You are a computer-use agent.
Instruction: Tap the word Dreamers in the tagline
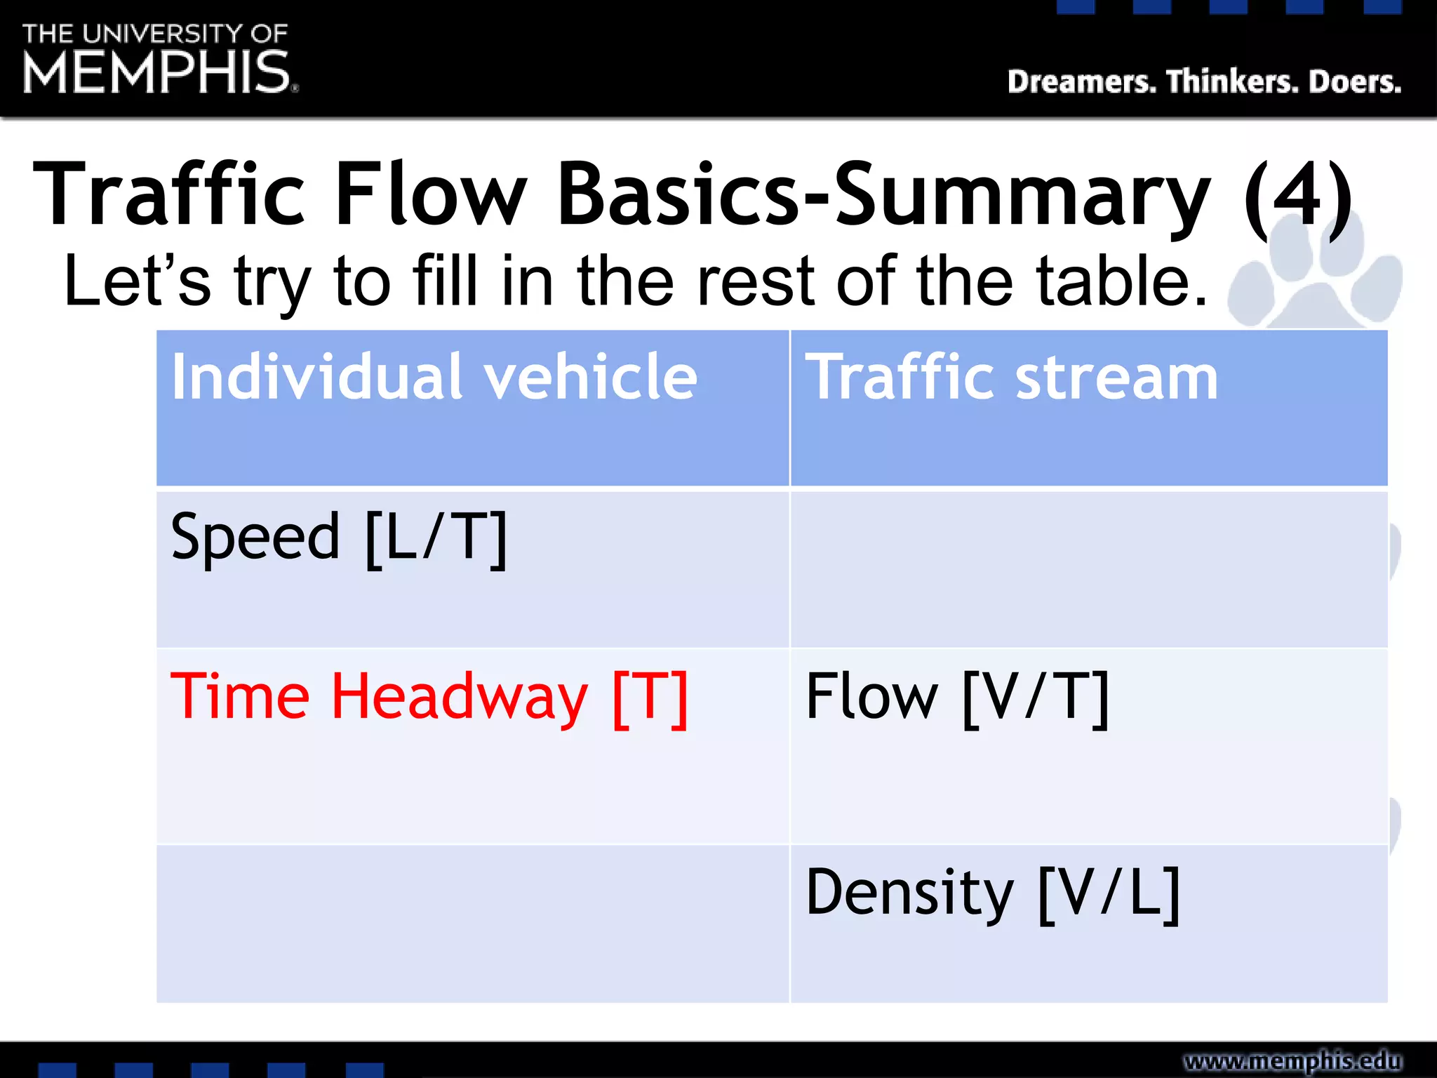click(1081, 82)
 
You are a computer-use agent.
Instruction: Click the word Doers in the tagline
click(1355, 82)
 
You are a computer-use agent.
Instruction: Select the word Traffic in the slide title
click(168, 194)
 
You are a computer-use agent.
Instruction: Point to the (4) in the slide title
click(1298, 194)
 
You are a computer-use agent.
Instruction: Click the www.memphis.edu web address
click(1292, 1060)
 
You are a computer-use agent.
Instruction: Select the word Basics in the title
click(678, 194)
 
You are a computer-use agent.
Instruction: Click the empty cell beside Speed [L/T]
click(1088, 568)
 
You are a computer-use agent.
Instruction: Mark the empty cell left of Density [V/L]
click(472, 923)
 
